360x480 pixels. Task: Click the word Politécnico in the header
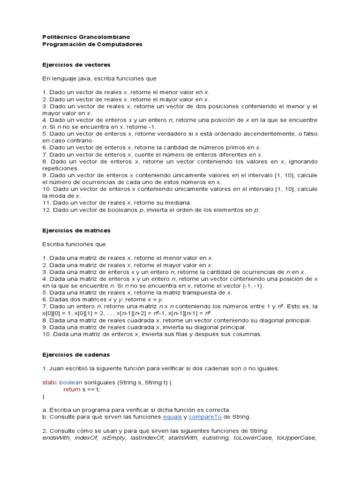click(57, 37)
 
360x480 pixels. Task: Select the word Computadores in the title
click(119, 44)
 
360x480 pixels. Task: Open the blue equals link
click(172, 417)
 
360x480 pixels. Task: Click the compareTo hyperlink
click(205, 417)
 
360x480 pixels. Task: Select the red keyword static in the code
click(50, 382)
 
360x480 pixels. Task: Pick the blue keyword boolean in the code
click(71, 382)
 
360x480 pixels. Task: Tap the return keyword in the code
click(72, 389)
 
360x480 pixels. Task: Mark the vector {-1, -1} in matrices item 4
click(254, 285)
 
